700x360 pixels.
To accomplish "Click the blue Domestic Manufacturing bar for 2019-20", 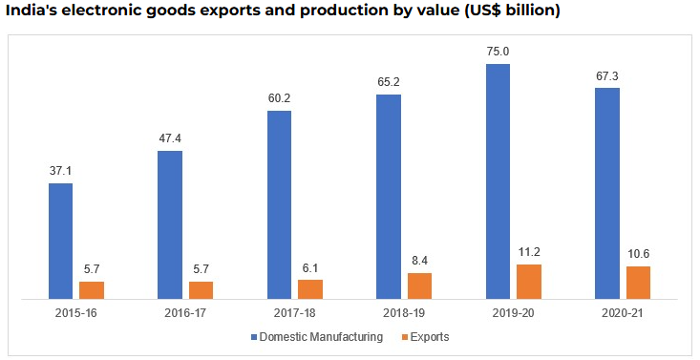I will pos(498,181).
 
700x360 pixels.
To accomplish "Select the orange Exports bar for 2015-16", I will pos(92,289).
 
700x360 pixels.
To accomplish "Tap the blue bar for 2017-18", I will pos(279,204).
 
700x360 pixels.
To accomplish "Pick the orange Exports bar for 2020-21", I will pos(638,282).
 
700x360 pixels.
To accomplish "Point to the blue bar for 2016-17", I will pos(170,224).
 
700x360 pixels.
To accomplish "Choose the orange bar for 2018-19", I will pos(419,286).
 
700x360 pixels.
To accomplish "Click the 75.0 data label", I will pos(498,52).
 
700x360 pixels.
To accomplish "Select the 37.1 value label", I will pos(61,171).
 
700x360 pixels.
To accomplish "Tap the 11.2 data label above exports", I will pos(528,252).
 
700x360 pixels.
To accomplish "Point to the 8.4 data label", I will pos(419,261).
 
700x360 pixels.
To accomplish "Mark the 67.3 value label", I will pos(606,75).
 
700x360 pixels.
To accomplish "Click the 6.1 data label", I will pos(309,267).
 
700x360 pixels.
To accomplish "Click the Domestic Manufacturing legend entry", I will pos(321,337).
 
